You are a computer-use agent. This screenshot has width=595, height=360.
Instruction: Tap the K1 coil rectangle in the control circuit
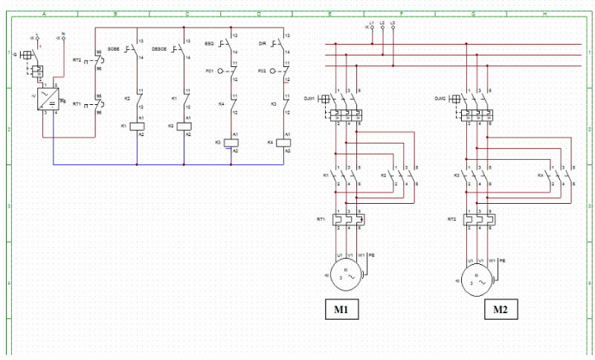coord(137,126)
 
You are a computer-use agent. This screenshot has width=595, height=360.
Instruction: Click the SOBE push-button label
coord(113,48)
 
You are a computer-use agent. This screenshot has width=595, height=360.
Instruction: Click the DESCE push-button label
coord(158,48)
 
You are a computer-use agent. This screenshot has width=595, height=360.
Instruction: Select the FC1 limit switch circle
coord(221,71)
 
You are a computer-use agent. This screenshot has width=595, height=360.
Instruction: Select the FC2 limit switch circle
coord(273,71)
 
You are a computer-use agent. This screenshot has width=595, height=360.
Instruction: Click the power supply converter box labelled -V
coord(48,99)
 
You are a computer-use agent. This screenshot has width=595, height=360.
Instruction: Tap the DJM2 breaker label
coord(440,98)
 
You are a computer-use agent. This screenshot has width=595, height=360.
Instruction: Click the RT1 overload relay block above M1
coord(348,219)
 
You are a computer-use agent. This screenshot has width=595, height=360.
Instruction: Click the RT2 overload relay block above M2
coord(478,219)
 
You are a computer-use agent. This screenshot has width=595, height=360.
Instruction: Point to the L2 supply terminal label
coord(382,24)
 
